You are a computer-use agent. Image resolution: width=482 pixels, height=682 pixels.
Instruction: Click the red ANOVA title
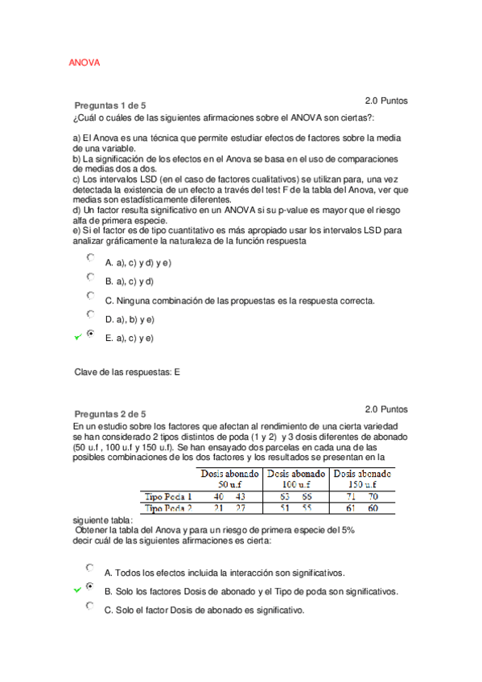pyautogui.click(x=84, y=63)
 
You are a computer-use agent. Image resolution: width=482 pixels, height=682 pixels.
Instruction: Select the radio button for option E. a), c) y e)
pyautogui.click(x=91, y=334)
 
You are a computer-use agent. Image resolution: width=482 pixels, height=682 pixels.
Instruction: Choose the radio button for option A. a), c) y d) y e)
pyautogui.click(x=91, y=258)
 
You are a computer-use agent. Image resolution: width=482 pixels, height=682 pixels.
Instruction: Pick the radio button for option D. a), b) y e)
pyautogui.click(x=91, y=314)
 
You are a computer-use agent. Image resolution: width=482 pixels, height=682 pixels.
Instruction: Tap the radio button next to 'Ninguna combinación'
pyautogui.click(x=91, y=296)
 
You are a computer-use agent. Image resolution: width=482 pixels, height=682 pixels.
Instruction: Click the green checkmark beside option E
pyautogui.click(x=77, y=338)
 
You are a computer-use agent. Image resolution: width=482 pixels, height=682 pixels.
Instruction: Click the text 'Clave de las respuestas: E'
pyautogui.click(x=127, y=372)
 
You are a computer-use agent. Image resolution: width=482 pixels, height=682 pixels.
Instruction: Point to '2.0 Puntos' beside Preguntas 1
pyautogui.click(x=386, y=101)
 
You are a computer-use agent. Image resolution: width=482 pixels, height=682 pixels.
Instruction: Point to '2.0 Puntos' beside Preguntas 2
pyautogui.click(x=386, y=409)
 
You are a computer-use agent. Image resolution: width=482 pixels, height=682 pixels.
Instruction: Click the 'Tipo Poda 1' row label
pyautogui.click(x=168, y=496)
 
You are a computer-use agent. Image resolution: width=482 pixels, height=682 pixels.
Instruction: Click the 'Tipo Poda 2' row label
pyautogui.click(x=168, y=508)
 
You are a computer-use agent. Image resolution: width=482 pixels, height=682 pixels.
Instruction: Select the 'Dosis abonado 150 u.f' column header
pyautogui.click(x=363, y=479)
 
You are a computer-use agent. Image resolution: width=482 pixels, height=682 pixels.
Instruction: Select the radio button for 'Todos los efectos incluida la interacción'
pyautogui.click(x=91, y=569)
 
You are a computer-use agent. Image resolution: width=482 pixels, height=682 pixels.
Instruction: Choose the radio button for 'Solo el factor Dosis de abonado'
pyautogui.click(x=91, y=606)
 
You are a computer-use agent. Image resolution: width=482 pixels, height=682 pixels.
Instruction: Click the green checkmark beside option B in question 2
pyautogui.click(x=77, y=590)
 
